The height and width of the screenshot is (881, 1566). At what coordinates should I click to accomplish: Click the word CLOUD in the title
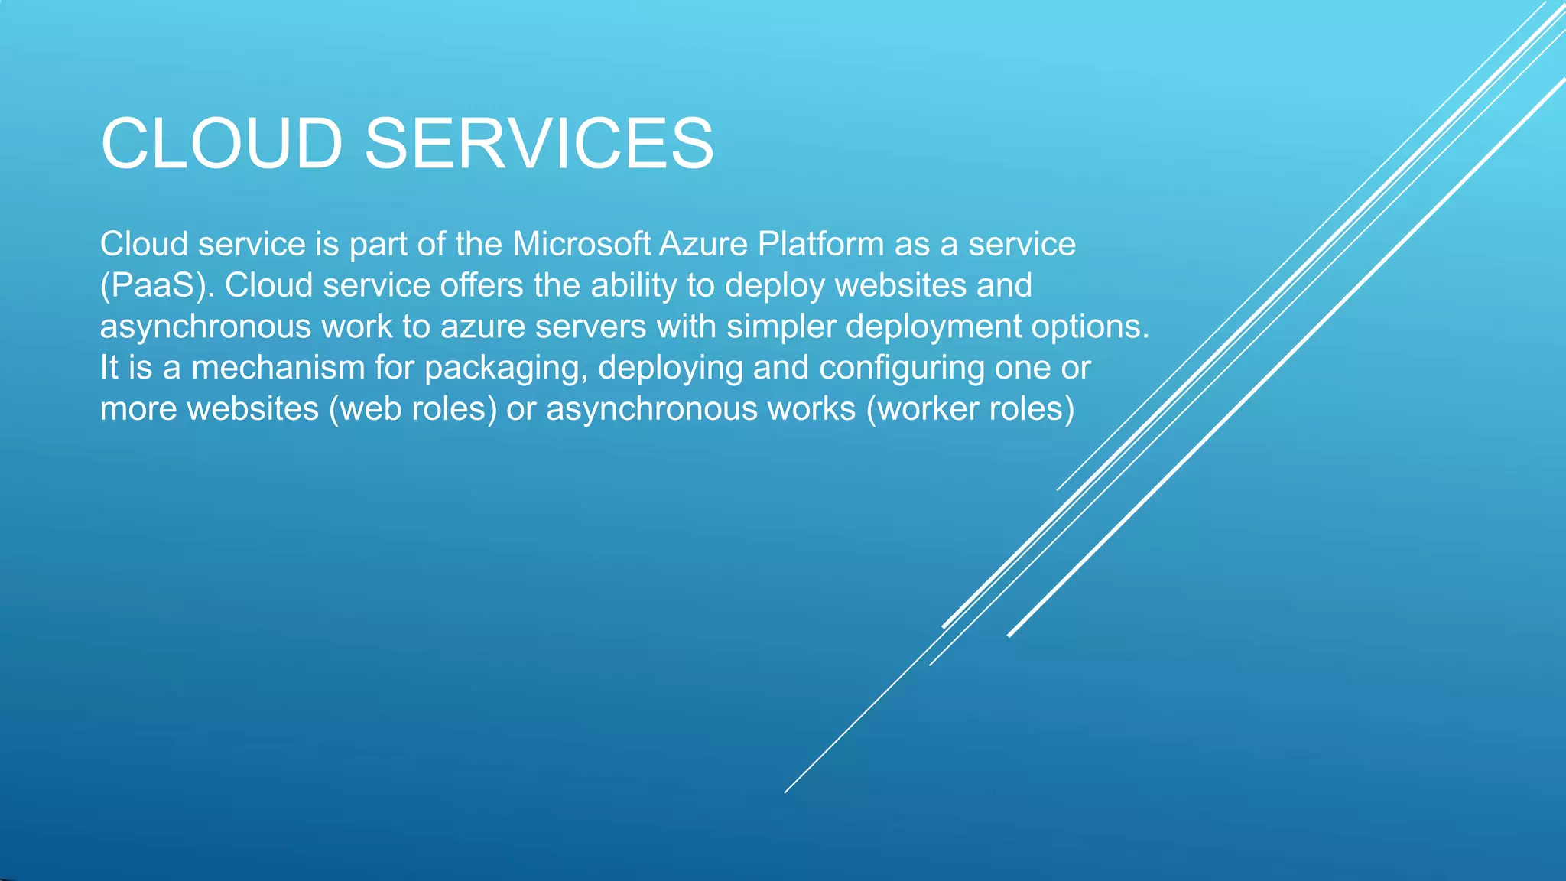pos(222,144)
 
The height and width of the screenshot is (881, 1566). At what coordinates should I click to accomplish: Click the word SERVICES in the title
pos(538,144)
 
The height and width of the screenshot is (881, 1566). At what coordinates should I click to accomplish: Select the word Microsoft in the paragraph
pos(581,245)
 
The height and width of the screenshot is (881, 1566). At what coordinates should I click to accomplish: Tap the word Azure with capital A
pos(703,245)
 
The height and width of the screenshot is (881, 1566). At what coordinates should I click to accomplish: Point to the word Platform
pos(820,245)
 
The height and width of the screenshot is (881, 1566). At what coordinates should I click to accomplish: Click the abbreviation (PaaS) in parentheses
pos(157,286)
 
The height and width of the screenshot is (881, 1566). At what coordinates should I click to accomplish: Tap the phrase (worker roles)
pos(970,409)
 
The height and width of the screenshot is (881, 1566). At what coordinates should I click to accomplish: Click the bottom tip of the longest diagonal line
pos(786,792)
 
